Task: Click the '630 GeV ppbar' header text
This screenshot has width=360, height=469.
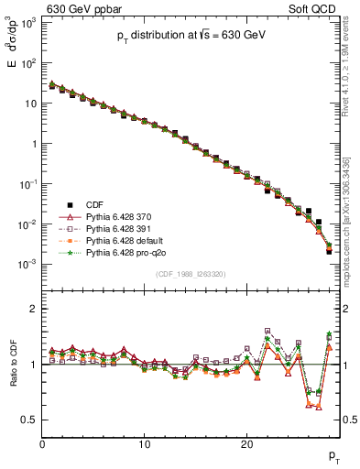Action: (80, 8)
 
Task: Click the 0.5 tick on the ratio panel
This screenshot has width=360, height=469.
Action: (29, 420)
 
